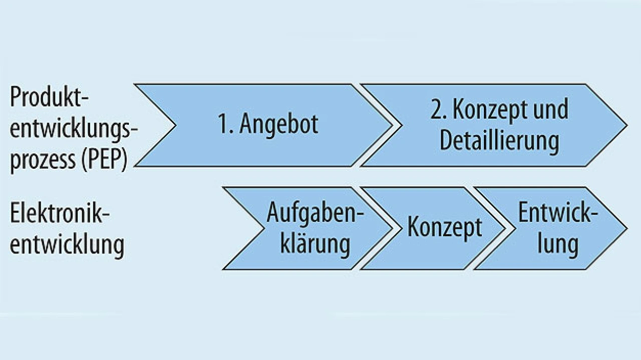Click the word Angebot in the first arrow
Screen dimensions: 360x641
(x=278, y=124)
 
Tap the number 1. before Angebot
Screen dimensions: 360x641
(x=226, y=124)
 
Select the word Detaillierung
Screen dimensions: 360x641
(x=499, y=141)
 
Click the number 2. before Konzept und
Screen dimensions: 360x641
(x=439, y=110)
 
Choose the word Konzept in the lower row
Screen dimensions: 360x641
(x=445, y=228)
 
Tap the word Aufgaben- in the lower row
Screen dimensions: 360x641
(x=315, y=213)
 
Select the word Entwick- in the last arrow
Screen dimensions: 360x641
(x=557, y=213)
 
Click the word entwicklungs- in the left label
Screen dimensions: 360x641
(x=74, y=130)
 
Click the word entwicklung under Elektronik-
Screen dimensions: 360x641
(x=67, y=245)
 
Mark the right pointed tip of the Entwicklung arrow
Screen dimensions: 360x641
(x=625, y=228)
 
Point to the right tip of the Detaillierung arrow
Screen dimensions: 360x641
(x=625, y=125)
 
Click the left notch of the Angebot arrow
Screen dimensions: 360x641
(x=175, y=125)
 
